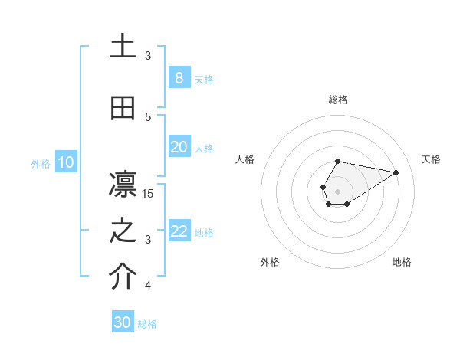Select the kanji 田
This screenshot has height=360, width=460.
(123, 109)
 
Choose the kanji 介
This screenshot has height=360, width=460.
(123, 277)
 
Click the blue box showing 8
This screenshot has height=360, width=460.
(179, 78)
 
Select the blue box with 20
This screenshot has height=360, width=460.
(179, 147)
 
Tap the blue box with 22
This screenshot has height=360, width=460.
(179, 231)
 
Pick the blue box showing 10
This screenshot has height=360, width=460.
(65, 162)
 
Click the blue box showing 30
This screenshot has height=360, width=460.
(123, 322)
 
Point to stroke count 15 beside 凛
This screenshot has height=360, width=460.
(148, 194)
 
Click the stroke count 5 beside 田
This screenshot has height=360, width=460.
(148, 117)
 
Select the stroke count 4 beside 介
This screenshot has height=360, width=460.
(148, 286)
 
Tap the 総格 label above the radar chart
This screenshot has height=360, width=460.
(337, 100)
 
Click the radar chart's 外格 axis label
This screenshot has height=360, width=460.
(270, 262)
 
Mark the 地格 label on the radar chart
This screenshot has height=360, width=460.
(402, 262)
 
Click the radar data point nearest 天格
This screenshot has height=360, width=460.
(396, 172)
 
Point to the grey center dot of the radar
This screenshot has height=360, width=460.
(337, 190)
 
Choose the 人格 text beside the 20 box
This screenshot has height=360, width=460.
(204, 148)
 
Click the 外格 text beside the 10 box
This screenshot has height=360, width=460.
(40, 163)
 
